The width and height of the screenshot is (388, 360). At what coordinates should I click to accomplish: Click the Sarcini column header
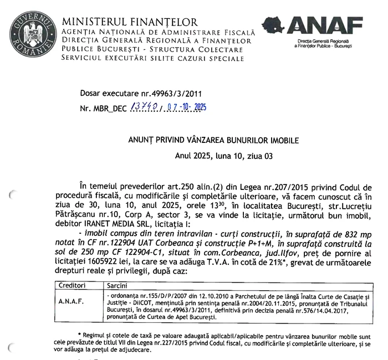[x=115, y=286]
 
